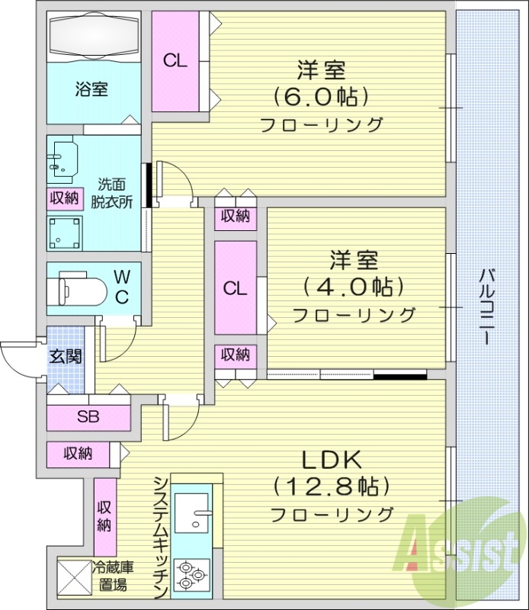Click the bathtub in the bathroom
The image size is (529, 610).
93,37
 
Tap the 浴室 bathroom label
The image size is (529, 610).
91,88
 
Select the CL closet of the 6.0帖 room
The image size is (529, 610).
175,62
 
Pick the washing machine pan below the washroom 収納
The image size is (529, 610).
64,232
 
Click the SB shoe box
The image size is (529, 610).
88,417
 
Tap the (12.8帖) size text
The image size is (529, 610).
332,486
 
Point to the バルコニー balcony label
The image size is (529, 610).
485,306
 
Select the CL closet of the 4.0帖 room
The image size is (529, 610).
236,288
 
